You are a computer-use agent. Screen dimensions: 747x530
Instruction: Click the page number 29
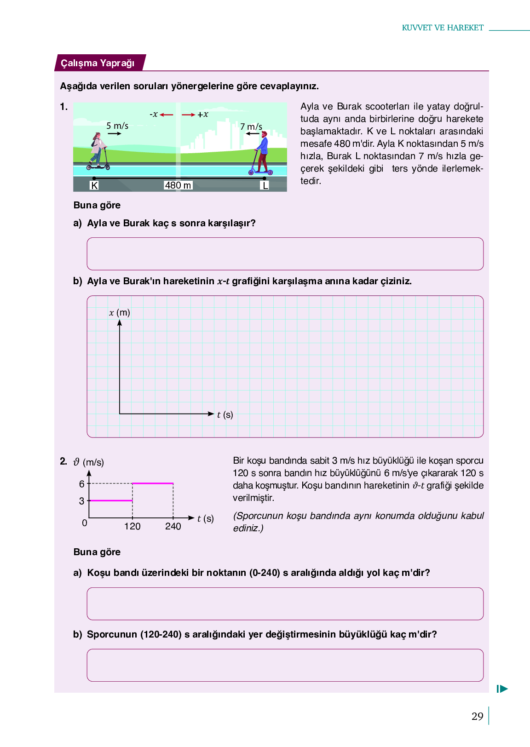coord(477,716)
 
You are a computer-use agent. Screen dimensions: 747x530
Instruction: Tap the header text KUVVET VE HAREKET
coord(443,28)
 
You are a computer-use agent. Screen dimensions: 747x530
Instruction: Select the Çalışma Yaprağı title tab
coord(98,63)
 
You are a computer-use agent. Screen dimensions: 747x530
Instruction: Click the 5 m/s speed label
coord(117,126)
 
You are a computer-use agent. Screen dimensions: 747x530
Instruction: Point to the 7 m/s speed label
coord(251,126)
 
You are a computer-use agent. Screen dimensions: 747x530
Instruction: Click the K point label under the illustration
coord(94,185)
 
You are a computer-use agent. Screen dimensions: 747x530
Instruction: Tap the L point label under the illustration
coord(265,185)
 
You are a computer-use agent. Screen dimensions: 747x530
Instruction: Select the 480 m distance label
coord(178,185)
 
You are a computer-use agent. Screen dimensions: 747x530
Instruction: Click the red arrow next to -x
coord(167,115)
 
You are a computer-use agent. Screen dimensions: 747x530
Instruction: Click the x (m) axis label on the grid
coord(120,313)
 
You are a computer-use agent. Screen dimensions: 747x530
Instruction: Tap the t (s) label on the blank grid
coord(225,414)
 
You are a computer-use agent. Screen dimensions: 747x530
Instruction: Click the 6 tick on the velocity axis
coord(82,484)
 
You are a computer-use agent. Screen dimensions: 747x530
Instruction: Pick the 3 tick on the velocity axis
coord(82,501)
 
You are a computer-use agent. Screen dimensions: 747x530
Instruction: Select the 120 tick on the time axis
coord(132,526)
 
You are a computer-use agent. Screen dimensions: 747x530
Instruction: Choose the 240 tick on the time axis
coord(173,526)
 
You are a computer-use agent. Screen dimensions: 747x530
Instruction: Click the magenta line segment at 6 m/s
coord(153,483)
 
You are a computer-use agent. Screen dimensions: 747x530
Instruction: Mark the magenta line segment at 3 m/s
coord(111,500)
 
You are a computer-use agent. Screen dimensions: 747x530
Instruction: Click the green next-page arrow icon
coord(502,689)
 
